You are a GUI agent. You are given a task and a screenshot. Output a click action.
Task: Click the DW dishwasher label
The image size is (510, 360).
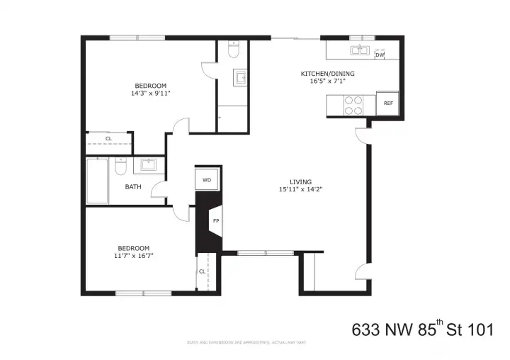pos(380,55)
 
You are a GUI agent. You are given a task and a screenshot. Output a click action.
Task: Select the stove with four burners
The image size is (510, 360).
pos(353,105)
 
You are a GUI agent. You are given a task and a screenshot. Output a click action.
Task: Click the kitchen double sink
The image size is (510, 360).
pos(359,50)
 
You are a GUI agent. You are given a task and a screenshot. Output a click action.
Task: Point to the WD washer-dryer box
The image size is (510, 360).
pos(207,180)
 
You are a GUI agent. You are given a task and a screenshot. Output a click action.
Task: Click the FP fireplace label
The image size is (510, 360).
pos(215,220)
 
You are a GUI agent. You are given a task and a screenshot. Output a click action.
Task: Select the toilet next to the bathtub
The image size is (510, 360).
pos(120,168)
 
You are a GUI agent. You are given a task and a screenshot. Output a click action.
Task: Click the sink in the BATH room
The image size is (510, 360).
pos(149,165)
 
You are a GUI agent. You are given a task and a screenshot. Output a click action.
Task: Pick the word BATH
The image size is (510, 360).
pos(133,187)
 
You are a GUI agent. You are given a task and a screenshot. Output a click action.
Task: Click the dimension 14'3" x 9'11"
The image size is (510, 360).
pos(151,93)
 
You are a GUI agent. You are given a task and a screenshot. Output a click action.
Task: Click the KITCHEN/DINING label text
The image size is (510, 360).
pos(327,74)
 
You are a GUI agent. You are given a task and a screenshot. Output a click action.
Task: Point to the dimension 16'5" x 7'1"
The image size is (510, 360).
pos(327,81)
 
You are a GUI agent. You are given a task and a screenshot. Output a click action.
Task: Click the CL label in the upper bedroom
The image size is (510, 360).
pos(108,139)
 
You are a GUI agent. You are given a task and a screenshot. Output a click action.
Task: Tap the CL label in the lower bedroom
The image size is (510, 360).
pos(202,271)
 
